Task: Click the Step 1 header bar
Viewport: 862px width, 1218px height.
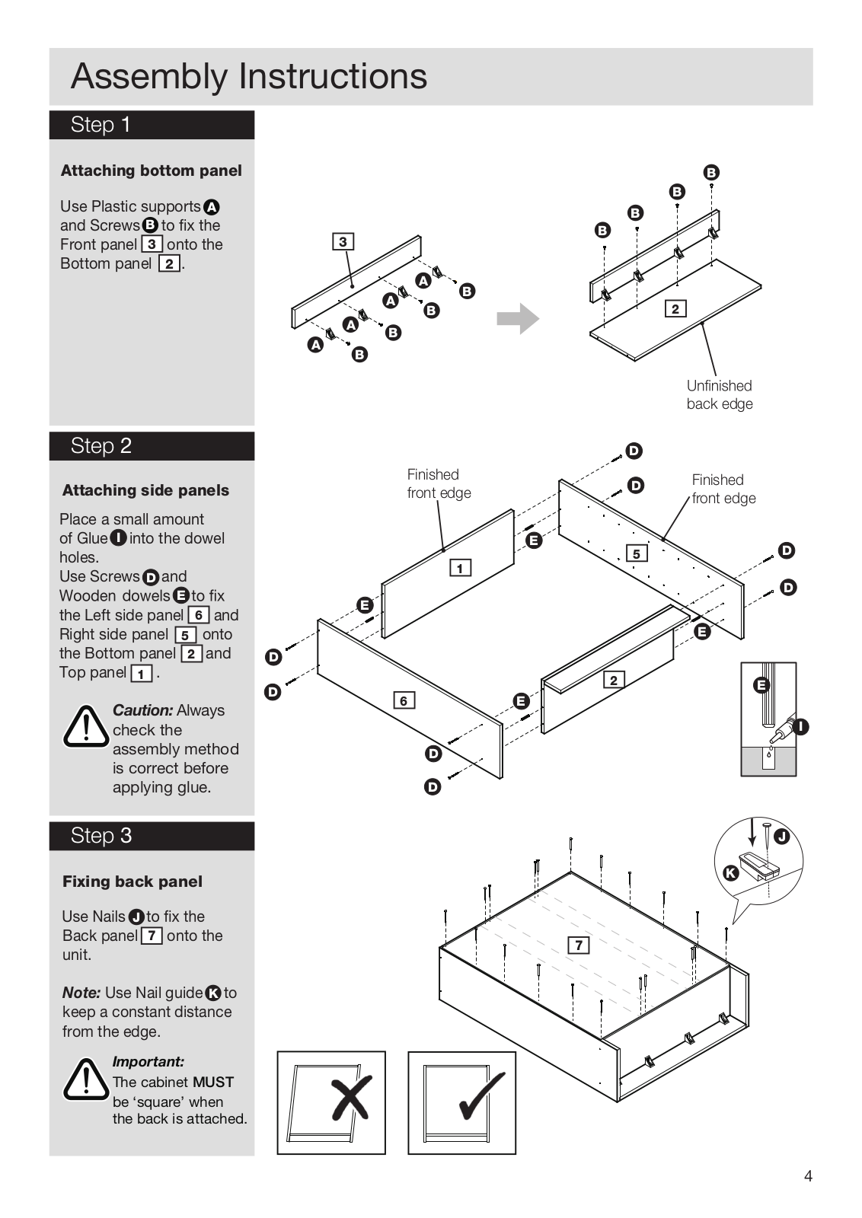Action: point(152,125)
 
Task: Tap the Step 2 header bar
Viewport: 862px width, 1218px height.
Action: point(152,446)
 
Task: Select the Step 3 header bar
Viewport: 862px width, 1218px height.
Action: point(152,836)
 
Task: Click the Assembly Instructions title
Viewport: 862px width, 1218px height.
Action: point(249,77)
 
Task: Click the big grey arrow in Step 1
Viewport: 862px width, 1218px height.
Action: point(518,318)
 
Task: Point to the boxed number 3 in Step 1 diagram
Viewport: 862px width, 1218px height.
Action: point(343,242)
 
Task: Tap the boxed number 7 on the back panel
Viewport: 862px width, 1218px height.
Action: point(579,945)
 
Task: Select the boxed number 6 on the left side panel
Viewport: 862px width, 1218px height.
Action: point(404,700)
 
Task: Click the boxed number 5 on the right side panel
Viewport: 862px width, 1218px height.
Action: point(637,553)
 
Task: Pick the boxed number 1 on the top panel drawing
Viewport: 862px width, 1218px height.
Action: point(460,568)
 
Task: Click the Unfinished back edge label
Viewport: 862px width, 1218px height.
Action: point(719,395)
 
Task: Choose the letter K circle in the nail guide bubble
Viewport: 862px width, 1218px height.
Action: point(730,873)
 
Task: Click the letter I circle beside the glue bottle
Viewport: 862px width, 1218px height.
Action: point(800,727)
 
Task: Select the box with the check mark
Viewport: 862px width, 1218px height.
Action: point(462,1102)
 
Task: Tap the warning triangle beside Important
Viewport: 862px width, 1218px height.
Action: point(86,1079)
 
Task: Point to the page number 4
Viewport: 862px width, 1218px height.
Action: point(808,1176)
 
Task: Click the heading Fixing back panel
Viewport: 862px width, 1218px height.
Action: point(132,882)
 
